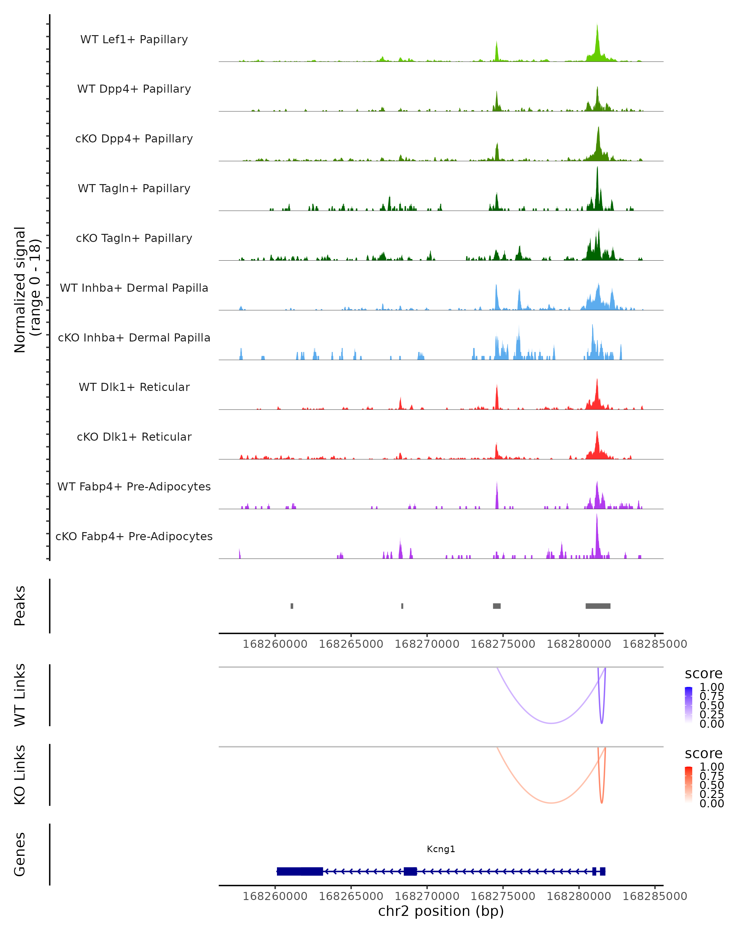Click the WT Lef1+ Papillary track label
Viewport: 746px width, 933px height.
click(x=134, y=39)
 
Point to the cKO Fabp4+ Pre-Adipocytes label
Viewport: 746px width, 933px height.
click(x=134, y=536)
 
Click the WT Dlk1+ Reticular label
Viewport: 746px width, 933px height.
click(x=134, y=387)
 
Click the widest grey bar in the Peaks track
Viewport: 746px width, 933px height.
click(x=598, y=606)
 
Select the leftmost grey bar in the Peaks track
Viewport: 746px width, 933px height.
click(x=292, y=606)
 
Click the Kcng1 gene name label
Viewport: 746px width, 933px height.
click(x=441, y=849)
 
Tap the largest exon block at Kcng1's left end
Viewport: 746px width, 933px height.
click(x=300, y=871)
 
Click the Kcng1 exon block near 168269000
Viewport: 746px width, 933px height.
click(x=410, y=871)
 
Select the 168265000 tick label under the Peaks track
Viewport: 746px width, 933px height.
click(x=351, y=644)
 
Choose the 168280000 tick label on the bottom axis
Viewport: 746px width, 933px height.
click(x=579, y=896)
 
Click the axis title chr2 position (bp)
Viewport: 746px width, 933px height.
click(x=441, y=911)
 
